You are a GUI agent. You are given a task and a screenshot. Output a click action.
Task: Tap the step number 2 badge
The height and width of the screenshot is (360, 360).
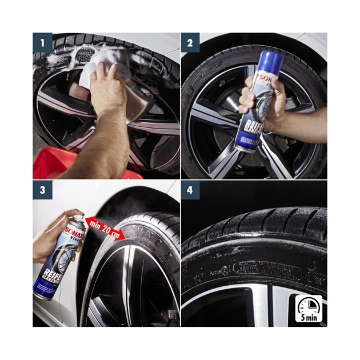(x=191, y=42)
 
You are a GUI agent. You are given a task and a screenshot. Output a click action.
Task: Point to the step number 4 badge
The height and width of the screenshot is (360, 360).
(x=191, y=193)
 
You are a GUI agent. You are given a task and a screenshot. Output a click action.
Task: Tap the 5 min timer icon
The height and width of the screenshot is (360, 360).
(x=309, y=309)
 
